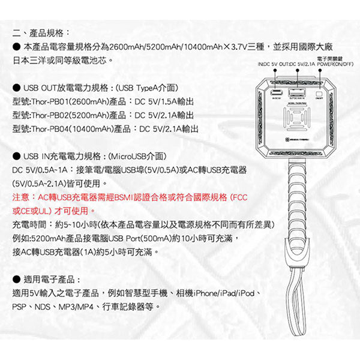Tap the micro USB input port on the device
pos(277,94)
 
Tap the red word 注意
pos(20,197)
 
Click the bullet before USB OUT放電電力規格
pos(16,86)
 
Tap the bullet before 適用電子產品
pos(16,280)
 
